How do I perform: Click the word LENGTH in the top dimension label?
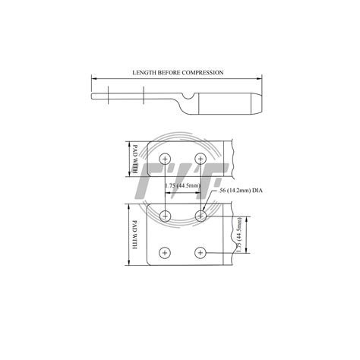[144, 72]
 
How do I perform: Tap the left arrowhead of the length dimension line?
[94, 78]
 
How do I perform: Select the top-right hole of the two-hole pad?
[201, 158]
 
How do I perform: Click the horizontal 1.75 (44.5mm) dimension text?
[183, 184]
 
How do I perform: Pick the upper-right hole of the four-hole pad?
[201, 216]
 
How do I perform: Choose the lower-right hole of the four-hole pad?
[201, 251]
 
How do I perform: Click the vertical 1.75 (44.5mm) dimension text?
[239, 235]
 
